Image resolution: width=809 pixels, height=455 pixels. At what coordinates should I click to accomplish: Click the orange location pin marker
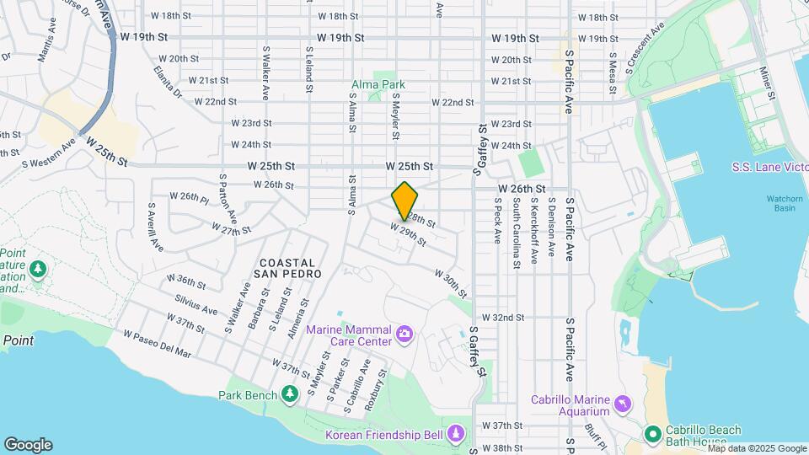point(405,201)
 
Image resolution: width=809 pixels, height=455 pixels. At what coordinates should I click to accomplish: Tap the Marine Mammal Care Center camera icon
point(404,335)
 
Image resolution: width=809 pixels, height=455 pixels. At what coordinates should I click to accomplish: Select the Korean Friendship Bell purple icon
point(456,433)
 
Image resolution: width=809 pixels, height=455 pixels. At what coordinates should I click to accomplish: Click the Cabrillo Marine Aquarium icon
point(623,404)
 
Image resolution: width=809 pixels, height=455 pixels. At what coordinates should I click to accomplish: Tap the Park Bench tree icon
point(290,394)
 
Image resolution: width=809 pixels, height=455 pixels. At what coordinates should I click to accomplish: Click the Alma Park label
point(378,84)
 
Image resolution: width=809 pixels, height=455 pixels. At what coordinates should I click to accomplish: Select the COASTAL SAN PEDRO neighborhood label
point(287,269)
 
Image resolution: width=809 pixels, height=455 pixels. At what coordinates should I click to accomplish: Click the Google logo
point(28,445)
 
